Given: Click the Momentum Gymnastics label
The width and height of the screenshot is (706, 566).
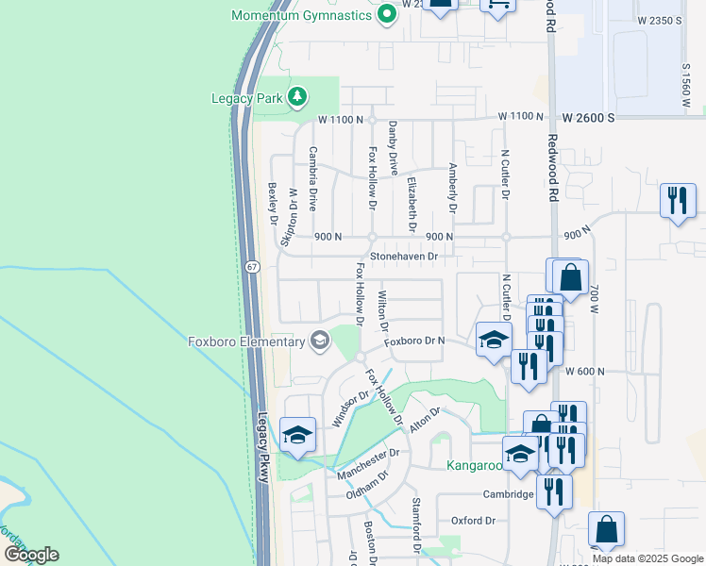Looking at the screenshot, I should click(302, 16).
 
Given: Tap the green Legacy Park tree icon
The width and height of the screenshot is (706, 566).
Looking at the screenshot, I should click(298, 96).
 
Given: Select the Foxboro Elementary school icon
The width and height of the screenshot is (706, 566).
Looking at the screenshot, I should click(321, 341).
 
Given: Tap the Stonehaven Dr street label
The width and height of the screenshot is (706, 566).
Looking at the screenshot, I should click(405, 256).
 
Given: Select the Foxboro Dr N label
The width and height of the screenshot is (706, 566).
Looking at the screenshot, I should click(413, 341).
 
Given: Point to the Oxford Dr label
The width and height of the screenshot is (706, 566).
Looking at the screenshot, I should click(473, 520).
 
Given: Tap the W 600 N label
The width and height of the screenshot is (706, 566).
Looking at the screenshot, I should click(584, 372).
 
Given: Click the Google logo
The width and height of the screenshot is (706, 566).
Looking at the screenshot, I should click(31, 555).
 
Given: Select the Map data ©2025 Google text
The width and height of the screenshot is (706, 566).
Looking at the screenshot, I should click(647, 558).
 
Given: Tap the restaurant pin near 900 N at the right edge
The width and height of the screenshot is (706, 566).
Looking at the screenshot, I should click(678, 200).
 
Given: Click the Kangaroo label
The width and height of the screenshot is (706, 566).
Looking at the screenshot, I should click(473, 465).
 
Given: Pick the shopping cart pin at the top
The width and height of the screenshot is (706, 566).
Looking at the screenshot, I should click(497, 4).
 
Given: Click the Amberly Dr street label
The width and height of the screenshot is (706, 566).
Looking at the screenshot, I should click(453, 187).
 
